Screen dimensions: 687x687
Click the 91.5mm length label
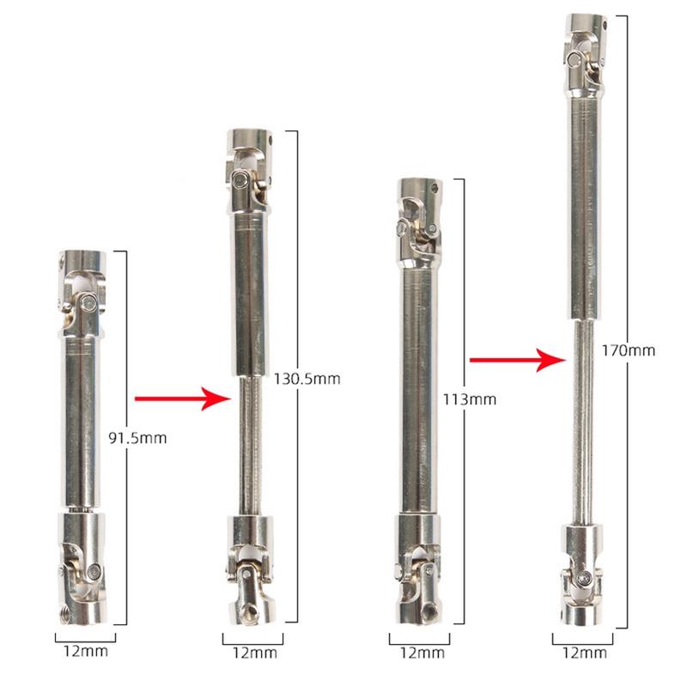(x=137, y=438)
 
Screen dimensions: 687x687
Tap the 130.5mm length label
(x=307, y=379)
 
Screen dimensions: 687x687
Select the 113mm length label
(x=469, y=399)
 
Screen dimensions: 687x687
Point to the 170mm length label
(x=629, y=350)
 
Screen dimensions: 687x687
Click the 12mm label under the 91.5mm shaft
(x=85, y=651)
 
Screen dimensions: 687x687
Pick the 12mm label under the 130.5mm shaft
(x=254, y=654)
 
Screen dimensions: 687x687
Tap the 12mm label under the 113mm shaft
(x=422, y=654)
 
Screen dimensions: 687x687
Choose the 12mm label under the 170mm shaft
(x=585, y=654)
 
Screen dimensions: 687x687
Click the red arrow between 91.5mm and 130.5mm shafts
(x=183, y=398)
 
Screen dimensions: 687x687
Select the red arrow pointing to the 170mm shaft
(x=518, y=360)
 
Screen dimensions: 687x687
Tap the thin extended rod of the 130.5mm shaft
(x=250, y=446)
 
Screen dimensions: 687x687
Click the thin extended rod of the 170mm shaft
(x=583, y=423)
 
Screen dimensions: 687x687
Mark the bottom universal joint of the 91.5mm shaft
(x=82, y=568)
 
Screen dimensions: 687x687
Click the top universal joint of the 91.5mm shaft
(x=82, y=294)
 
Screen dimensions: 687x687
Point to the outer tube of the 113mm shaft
(x=418, y=392)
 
